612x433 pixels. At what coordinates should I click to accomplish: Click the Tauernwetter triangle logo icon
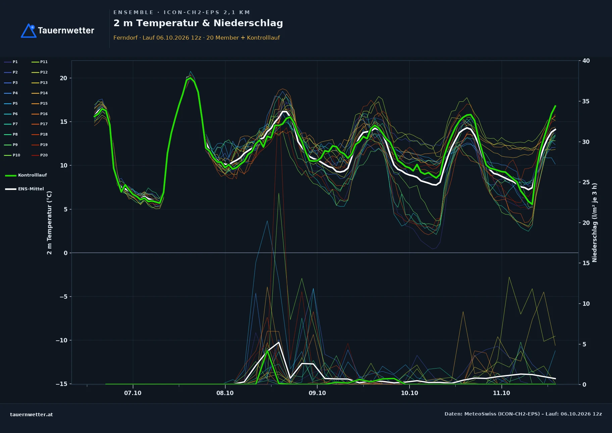point(29,31)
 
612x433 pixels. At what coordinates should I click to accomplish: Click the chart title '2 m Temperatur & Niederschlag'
point(198,23)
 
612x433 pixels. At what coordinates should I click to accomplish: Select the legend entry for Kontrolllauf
point(26,175)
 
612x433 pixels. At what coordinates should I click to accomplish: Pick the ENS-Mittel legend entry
point(24,189)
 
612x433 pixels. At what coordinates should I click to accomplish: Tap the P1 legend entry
point(11,62)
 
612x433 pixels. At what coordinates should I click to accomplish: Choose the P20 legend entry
point(40,155)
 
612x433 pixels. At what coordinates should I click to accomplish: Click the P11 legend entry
point(40,62)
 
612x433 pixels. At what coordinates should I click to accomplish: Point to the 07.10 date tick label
point(133,393)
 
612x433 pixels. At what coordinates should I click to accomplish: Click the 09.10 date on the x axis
point(317,393)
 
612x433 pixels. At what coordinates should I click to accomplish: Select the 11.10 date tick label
point(501,393)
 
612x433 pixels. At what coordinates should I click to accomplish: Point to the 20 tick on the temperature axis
point(63,78)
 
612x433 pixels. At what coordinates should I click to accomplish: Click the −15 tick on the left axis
point(61,384)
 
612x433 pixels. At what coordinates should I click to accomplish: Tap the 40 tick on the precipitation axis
point(586,61)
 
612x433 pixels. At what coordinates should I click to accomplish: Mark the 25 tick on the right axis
point(586,182)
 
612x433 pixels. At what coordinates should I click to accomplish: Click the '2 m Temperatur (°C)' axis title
point(49,223)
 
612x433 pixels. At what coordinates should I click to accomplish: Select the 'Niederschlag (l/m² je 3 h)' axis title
point(595,223)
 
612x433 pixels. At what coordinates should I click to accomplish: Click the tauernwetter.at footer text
point(32,415)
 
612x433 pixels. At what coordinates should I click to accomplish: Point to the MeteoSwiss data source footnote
point(523,414)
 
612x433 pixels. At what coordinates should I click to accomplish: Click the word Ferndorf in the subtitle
point(125,38)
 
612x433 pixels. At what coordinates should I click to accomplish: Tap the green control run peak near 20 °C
point(190,78)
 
